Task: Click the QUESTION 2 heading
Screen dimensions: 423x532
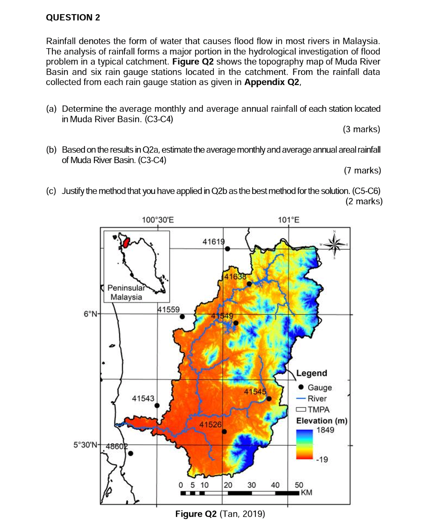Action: click(73, 17)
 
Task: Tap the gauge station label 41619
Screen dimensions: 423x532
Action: click(213, 242)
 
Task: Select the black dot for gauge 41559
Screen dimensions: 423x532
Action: click(182, 317)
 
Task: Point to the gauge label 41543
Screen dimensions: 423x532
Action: click(143, 398)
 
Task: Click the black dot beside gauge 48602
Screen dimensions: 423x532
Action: click(131, 454)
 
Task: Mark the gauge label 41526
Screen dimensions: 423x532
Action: click(210, 425)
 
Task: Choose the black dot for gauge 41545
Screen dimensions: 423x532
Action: click(269, 399)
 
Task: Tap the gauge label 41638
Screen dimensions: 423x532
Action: click(235, 276)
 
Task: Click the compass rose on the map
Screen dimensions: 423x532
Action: click(334, 245)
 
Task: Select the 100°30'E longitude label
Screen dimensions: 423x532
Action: click(157, 220)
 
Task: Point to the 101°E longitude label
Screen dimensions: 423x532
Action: click(288, 220)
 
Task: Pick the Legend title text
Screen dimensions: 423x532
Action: click(311, 373)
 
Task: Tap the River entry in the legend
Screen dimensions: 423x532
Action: click(317, 399)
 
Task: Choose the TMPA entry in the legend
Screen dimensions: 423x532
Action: click(318, 410)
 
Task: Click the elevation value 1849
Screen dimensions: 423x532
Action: click(325, 430)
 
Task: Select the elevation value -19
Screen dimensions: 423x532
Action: click(322, 459)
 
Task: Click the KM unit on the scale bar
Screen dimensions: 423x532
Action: click(307, 493)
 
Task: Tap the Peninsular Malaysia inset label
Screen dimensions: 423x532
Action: click(126, 292)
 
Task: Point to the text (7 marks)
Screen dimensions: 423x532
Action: click(362, 171)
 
